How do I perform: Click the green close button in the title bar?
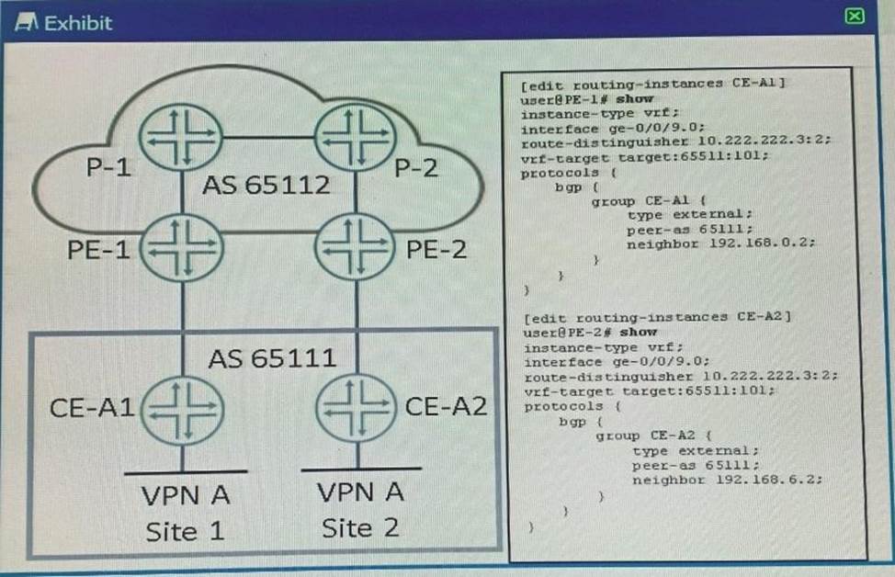point(854,16)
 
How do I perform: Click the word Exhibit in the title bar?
point(78,23)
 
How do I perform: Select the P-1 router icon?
point(181,137)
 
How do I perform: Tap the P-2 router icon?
point(357,137)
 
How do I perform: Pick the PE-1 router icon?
point(182,248)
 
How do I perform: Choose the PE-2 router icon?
point(356,247)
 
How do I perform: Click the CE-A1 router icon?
point(183,410)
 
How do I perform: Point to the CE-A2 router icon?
point(357,408)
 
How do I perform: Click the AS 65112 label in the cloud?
point(266,185)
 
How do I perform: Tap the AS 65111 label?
point(272,358)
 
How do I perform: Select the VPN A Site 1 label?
point(186,513)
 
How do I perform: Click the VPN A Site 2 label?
point(361,510)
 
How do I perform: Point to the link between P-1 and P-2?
point(269,138)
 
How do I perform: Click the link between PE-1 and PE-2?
point(269,232)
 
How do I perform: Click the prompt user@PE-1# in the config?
point(566,99)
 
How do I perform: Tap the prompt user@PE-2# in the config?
point(570,333)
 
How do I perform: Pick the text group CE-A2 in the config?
point(646,436)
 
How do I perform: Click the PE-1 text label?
point(98,250)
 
